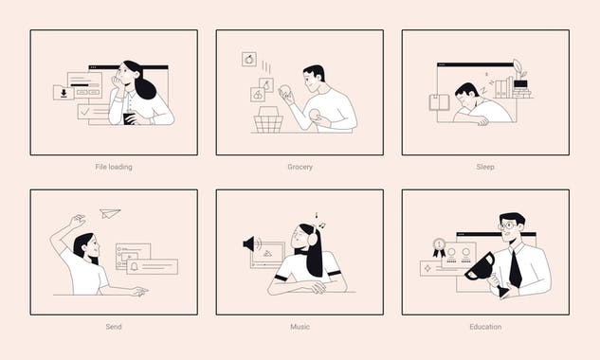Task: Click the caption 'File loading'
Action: (114, 167)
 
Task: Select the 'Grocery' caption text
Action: (300, 167)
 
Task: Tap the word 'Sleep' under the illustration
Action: (485, 167)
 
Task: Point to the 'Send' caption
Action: (114, 327)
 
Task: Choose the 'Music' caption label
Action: (300, 327)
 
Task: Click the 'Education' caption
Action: (485, 327)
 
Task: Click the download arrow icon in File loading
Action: (64, 93)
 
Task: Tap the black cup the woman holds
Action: (130, 117)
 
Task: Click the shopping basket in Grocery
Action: (269, 120)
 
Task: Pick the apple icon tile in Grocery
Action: (249, 59)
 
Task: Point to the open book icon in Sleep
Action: (439, 102)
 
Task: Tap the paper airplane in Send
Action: (111, 213)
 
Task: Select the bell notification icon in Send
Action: (134, 267)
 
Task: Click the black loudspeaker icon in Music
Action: (250, 243)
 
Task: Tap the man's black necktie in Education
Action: (514, 267)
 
